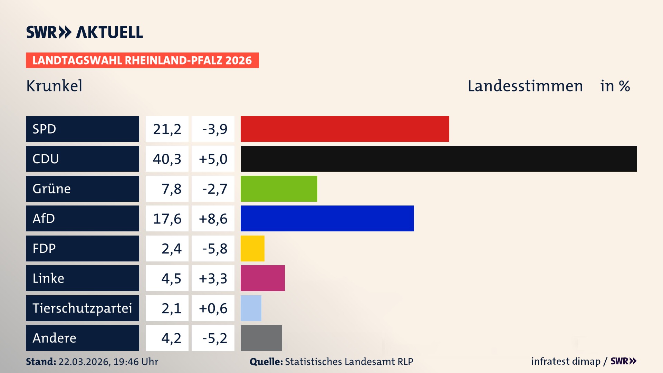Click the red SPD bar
pos(345,129)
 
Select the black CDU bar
pos(439,159)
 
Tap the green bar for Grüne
pos(279,189)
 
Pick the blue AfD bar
pos(327,218)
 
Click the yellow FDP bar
pos(252,248)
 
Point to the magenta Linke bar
pos(262,278)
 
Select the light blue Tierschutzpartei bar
pos(251,308)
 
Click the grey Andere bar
pos(261,338)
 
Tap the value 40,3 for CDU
pos(167,159)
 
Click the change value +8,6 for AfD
pos(213,219)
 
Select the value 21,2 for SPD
pos(167,129)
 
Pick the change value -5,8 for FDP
pos(214,249)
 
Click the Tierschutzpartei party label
pos(82,308)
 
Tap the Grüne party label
pos(52,189)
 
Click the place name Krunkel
pos(54,86)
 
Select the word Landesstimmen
pos(525,86)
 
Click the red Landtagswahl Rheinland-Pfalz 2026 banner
pos(142,60)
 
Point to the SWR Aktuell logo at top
pos(85,32)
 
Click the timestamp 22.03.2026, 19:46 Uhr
pos(108,362)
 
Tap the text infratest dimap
pos(565,361)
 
